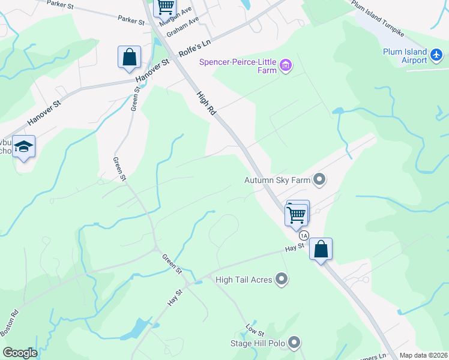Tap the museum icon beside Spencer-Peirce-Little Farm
point(285,65)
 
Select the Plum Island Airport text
point(405,56)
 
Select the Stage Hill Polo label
point(257,343)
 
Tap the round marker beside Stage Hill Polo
point(294,343)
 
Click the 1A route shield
point(304,235)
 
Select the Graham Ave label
point(183,26)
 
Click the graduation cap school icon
point(23,146)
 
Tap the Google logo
point(20,353)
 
